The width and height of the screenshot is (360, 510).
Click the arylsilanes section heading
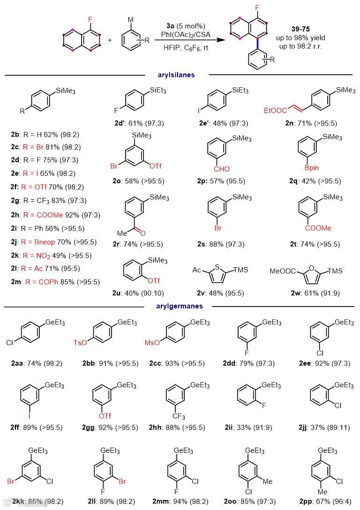[x=177, y=75]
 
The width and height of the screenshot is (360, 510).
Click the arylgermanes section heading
[x=180, y=307]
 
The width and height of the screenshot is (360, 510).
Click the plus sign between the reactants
[x=110, y=40]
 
